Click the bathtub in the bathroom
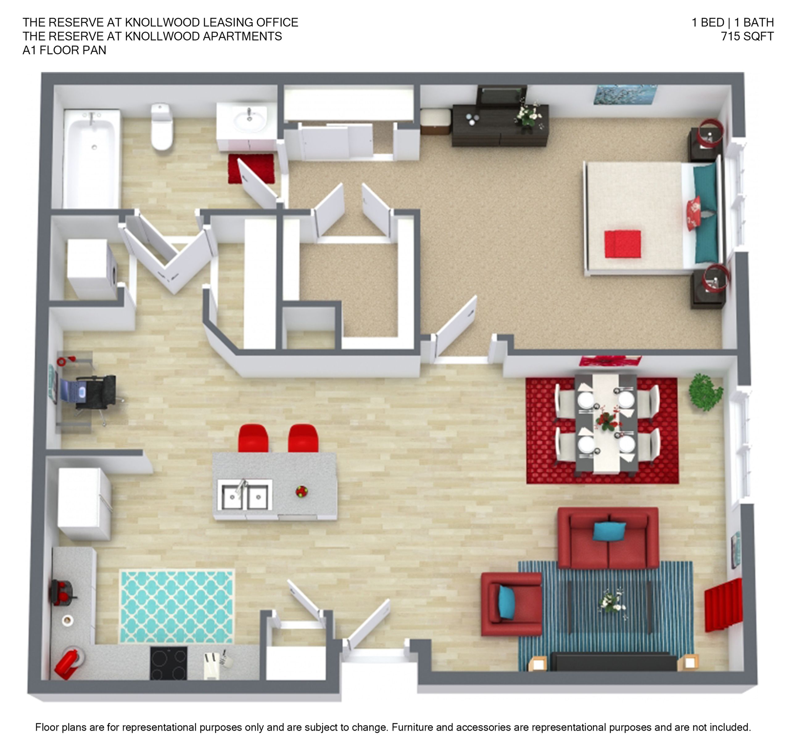(93, 159)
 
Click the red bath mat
(251, 168)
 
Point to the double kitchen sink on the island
(245, 495)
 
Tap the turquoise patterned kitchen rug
(177, 606)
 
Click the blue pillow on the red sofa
(609, 531)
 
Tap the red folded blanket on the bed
(622, 243)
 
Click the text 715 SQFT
(747, 36)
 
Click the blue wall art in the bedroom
(625, 95)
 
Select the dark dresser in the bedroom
(500, 125)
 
